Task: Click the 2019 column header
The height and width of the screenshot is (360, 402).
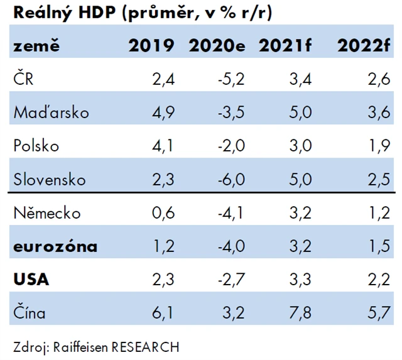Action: point(151,46)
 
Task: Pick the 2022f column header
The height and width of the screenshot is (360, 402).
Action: point(362,46)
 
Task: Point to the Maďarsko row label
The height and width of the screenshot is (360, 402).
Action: point(51,112)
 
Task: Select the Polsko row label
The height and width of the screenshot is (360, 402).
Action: point(36,146)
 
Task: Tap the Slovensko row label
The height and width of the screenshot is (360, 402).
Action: point(49,180)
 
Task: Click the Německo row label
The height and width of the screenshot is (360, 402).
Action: point(47,213)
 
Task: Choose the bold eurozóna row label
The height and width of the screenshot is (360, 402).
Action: point(55,246)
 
